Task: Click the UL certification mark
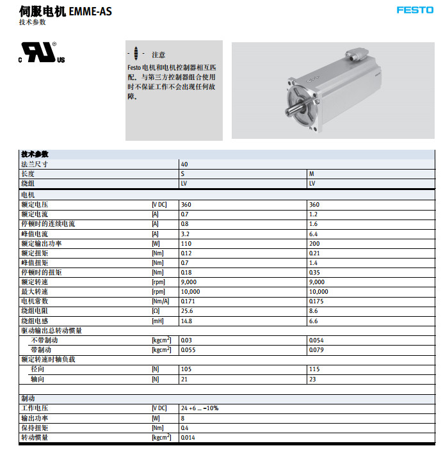pyautogui.click(x=42, y=52)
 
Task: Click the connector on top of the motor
pyautogui.click(x=357, y=56)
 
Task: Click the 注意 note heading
pyautogui.click(x=158, y=55)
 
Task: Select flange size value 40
pyautogui.click(x=184, y=164)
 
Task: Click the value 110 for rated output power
pyautogui.click(x=186, y=243)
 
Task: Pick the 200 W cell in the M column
pyautogui.click(x=314, y=243)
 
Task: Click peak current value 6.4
pyautogui.click(x=313, y=234)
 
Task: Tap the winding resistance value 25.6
pyautogui.click(x=186, y=310)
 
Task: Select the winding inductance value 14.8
pyautogui.click(x=186, y=321)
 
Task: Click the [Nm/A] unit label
pyautogui.click(x=160, y=301)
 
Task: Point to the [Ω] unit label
pyautogui.click(x=155, y=311)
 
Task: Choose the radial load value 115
pyautogui.click(x=314, y=369)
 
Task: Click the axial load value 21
pyautogui.click(x=184, y=379)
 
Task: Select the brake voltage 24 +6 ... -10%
pyautogui.click(x=200, y=408)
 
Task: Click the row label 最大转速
pyautogui.click(x=35, y=291)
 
